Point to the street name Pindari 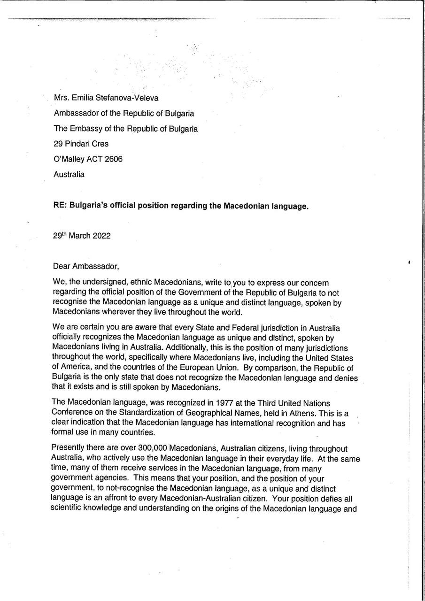point(77,144)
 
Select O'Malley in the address point(70,159)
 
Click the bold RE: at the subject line point(60,206)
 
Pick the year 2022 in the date point(102,236)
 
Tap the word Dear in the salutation point(62,267)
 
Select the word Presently point(68,449)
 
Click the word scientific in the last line point(68,509)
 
